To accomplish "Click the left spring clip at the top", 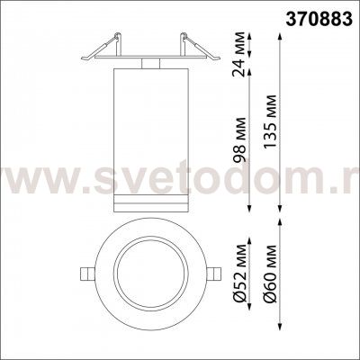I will tap(102, 45).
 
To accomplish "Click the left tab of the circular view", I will tap(83, 273).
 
